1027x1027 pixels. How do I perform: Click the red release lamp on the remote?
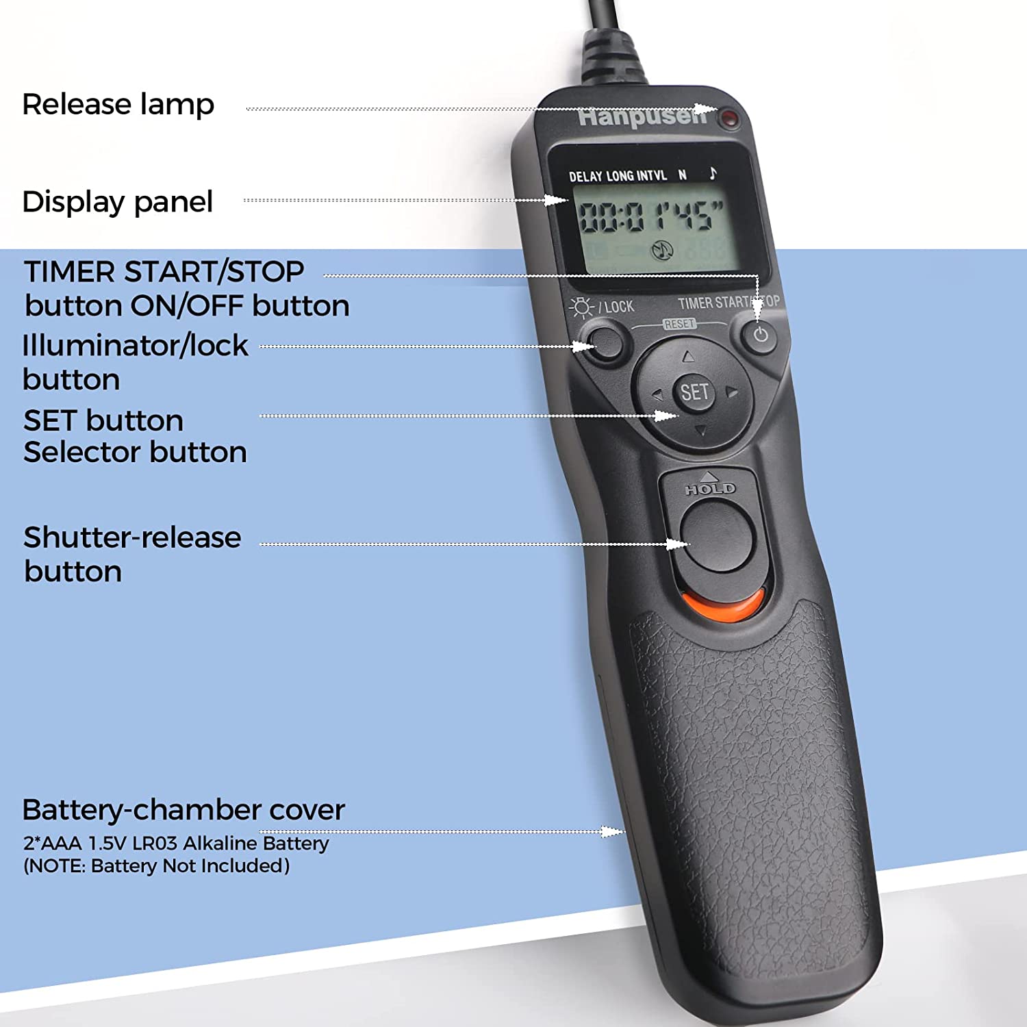point(731,119)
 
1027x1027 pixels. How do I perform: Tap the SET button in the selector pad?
point(694,392)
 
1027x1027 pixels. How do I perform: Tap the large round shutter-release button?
point(716,535)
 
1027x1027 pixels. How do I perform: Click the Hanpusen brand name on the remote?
point(642,117)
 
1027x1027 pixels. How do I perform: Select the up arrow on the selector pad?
point(688,357)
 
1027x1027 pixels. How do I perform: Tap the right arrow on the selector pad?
point(732,392)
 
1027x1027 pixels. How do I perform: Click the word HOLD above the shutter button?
point(711,489)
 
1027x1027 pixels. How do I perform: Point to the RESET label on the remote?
point(679,324)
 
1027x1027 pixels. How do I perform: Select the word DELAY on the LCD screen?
point(585,177)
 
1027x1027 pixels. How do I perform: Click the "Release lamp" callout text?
point(118,105)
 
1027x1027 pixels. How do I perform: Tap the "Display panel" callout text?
point(117,202)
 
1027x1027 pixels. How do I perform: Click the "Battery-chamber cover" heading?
point(183,810)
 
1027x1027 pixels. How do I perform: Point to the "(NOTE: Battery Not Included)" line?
point(157,866)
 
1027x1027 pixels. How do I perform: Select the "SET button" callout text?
point(103,420)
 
